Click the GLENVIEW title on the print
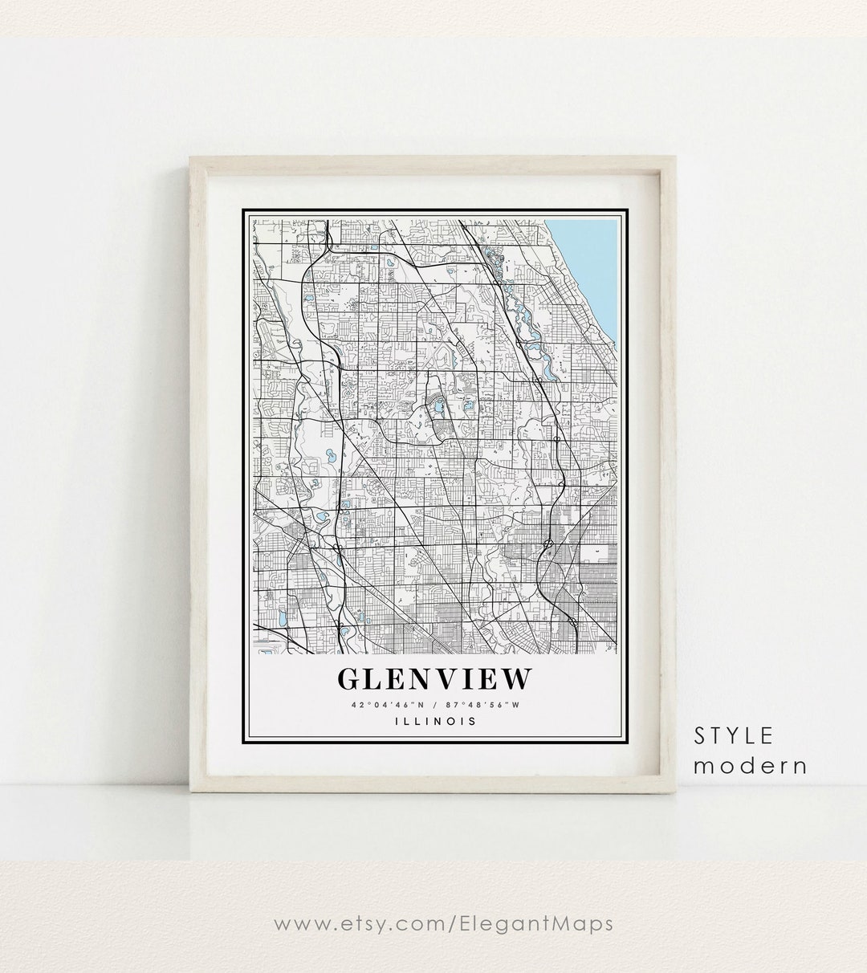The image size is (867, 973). coord(434,678)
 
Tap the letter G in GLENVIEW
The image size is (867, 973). coord(349,678)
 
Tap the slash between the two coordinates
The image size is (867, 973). coord(433,706)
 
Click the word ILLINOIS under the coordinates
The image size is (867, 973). coord(435,721)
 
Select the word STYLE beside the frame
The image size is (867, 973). coord(734,735)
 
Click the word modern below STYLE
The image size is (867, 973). coord(750,765)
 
